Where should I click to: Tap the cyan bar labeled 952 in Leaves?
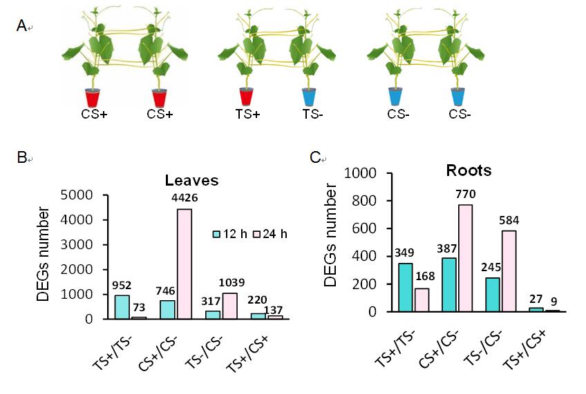(x=122, y=307)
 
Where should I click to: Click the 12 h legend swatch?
(x=216, y=234)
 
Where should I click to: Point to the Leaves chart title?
(x=191, y=181)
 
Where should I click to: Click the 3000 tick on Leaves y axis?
(x=82, y=245)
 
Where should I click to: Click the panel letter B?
(x=21, y=157)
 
